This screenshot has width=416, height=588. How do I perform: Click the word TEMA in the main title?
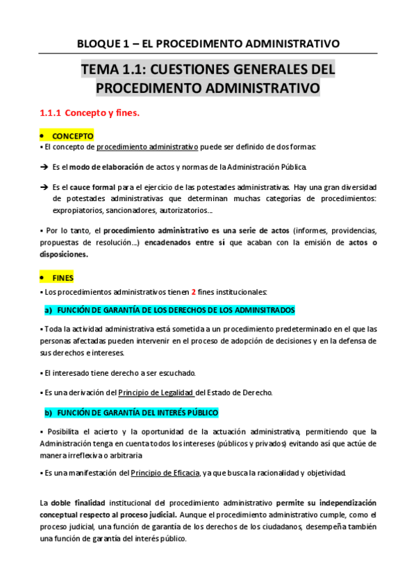pyautogui.click(x=100, y=70)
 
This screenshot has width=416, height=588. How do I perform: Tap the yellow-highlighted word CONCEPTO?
pyautogui.click(x=72, y=136)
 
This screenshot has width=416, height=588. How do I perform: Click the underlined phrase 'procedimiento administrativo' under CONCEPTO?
pyautogui.click(x=147, y=147)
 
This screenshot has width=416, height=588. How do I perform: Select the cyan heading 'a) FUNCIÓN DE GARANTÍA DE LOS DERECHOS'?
pyautogui.click(x=169, y=309)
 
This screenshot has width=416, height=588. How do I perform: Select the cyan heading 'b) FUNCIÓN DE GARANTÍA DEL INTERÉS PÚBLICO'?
pyautogui.click(x=131, y=413)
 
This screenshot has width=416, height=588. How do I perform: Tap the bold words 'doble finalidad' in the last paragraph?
pyautogui.click(x=78, y=502)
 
